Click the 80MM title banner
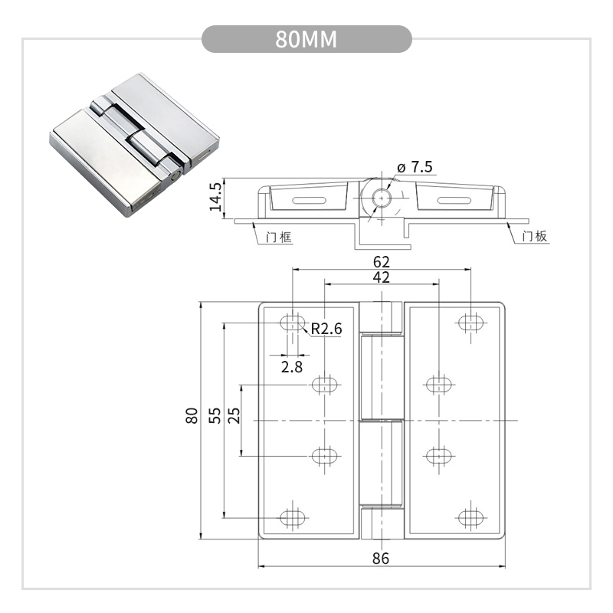[306, 39]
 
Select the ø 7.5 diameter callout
[415, 167]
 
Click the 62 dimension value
[380, 261]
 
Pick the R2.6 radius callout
[326, 329]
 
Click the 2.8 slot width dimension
[292, 367]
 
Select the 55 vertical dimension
[215, 415]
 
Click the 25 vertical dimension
[234, 415]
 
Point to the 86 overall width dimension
[381, 559]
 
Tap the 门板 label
[534, 237]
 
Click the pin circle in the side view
[379, 198]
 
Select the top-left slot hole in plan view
[292, 323]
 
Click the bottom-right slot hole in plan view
[470, 517]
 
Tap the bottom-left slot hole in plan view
[292, 517]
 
